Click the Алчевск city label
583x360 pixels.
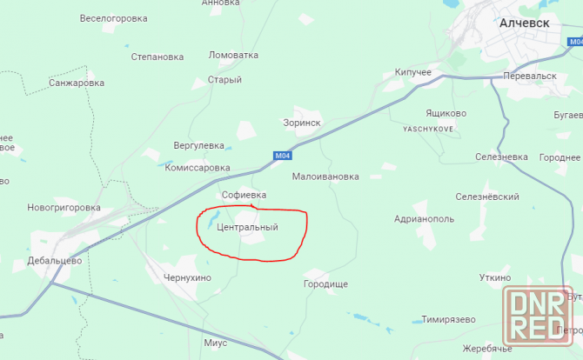524,23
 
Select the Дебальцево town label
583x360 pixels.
54,260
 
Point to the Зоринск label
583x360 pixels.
302,123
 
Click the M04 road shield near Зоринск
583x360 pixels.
281,156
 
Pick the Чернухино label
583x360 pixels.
187,277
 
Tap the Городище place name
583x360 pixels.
325,284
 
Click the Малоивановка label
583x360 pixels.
325,177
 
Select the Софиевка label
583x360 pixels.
244,195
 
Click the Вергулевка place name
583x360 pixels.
199,145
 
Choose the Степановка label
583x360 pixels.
157,57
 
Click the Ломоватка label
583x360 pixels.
234,55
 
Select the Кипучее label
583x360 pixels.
412,72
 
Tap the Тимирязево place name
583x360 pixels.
448,319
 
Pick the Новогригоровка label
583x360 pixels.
64,208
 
